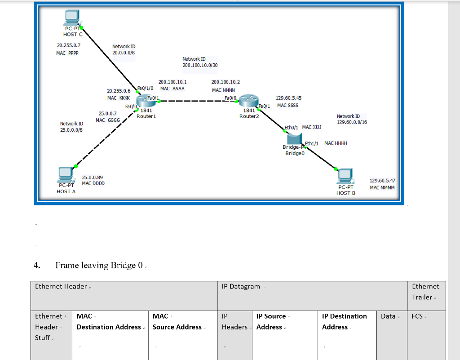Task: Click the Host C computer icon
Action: (71, 18)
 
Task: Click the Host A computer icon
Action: (66, 174)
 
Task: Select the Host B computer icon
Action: (345, 176)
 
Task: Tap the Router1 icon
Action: (144, 101)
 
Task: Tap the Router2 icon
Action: (247, 101)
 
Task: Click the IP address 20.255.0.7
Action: (69, 46)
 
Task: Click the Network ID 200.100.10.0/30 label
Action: (200, 62)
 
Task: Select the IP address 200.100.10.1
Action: (172, 83)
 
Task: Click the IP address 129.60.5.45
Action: (288, 98)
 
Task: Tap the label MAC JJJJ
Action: (312, 128)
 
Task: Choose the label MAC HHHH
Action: (336, 143)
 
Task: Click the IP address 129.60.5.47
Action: (382, 181)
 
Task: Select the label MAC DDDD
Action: (93, 183)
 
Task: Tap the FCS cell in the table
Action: (417, 316)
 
